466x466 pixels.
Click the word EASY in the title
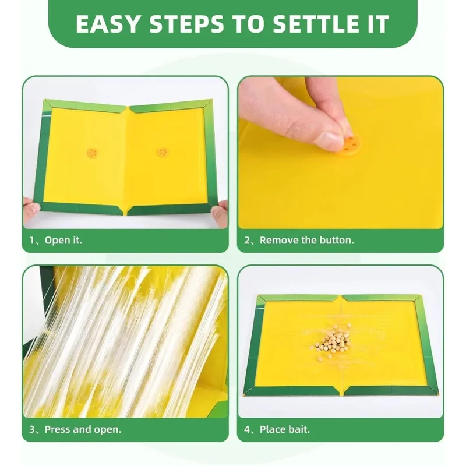(108, 23)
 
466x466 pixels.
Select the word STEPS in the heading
(186, 23)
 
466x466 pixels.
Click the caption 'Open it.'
(63, 240)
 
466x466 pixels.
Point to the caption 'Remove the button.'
(307, 240)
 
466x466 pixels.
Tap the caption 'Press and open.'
(83, 429)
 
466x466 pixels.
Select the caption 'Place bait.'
(285, 429)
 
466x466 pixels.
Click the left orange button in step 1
(93, 153)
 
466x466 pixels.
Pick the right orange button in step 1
(163, 153)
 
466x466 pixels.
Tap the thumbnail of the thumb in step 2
(327, 140)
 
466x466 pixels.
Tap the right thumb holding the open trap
(220, 211)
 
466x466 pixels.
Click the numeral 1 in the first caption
(32, 240)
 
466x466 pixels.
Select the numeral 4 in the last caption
(247, 429)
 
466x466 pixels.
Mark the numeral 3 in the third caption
(32, 429)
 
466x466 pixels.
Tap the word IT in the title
(378, 23)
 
